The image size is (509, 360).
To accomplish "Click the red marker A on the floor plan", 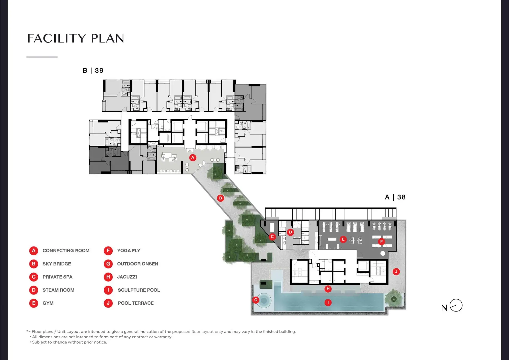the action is click(x=193, y=158).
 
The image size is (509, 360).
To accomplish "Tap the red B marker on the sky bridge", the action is click(x=220, y=198).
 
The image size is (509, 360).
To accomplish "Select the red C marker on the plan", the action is click(x=272, y=237).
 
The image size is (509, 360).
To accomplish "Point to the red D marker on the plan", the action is click(x=291, y=232).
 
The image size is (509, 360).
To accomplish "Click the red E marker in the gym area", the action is click(x=343, y=239).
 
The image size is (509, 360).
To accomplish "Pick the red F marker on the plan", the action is click(x=381, y=242).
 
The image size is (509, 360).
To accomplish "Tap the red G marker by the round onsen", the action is click(x=256, y=300).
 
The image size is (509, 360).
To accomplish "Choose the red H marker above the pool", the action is click(x=328, y=289).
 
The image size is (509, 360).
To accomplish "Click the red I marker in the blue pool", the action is click(x=328, y=302).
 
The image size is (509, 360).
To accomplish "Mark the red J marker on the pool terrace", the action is click(x=396, y=272).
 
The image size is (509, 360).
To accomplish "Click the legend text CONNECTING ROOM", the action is click(x=66, y=251).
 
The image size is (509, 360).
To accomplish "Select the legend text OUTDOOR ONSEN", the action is click(x=138, y=264).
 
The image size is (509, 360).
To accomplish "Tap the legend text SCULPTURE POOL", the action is click(x=139, y=290).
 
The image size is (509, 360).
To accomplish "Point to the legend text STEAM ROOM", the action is click(x=59, y=290).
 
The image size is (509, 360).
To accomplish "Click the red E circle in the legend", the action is click(x=34, y=303).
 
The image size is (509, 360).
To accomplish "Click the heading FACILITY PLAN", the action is click(x=76, y=38).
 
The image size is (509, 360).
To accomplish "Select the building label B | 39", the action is click(x=93, y=71).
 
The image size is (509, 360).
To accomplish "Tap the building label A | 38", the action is click(x=395, y=197).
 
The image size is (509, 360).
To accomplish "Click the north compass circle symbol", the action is click(x=456, y=305).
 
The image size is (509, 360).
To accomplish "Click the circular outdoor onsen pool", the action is click(x=264, y=301).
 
